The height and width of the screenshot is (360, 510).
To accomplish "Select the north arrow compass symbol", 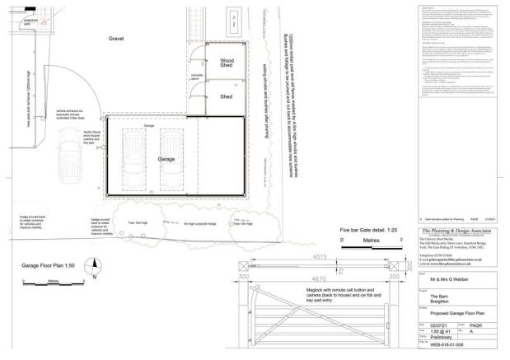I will click(x=94, y=268).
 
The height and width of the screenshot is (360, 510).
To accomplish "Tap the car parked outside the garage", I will click(x=72, y=152).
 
